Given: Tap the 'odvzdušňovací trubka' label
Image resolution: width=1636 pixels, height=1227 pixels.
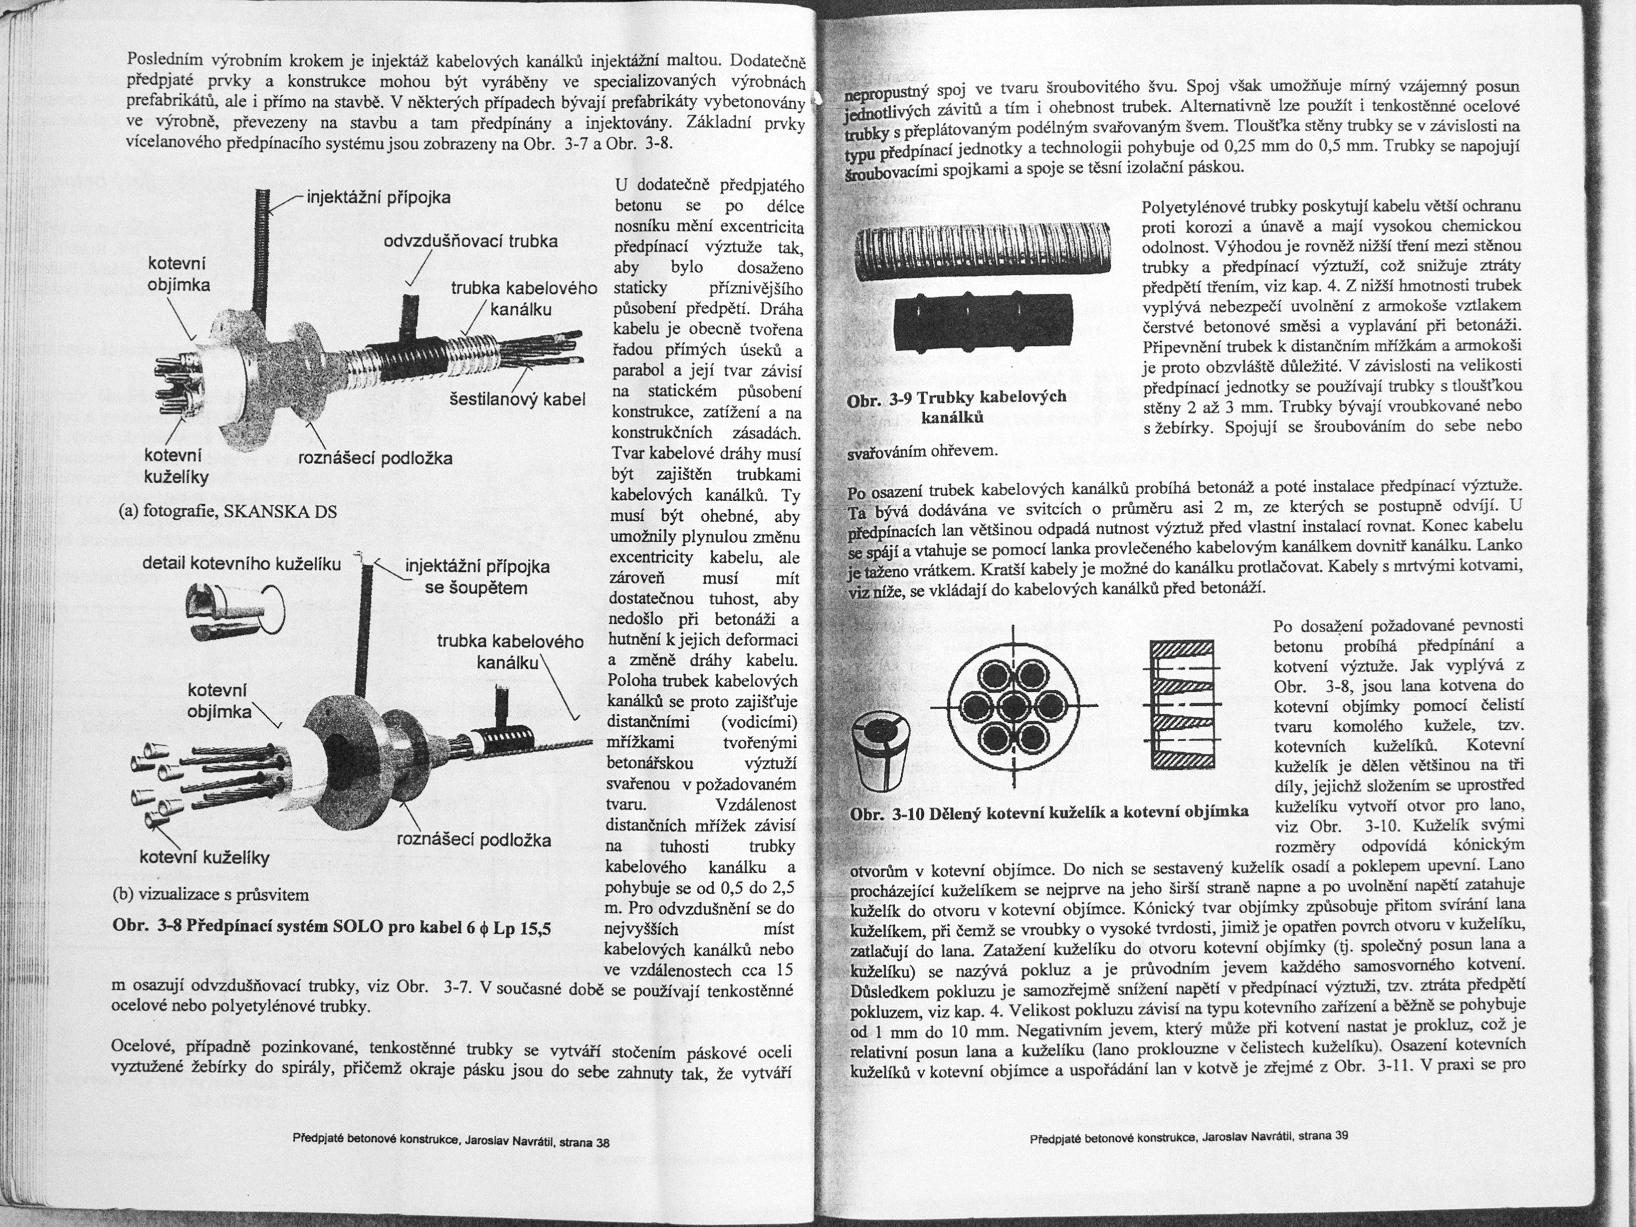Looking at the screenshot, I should (x=470, y=243).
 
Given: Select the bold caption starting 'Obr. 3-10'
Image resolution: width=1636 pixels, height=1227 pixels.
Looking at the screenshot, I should (x=1049, y=813).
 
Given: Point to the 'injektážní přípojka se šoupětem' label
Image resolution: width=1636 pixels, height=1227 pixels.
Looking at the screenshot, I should (x=477, y=577).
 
